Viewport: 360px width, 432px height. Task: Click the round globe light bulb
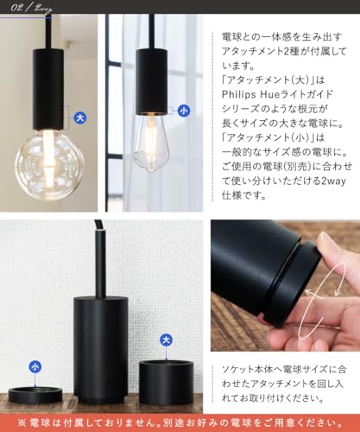(x=49, y=164)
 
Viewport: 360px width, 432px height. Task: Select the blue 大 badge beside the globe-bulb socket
(x=80, y=118)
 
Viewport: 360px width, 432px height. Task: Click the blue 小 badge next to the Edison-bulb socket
(x=184, y=111)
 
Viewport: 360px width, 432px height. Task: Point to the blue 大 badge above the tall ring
(x=166, y=340)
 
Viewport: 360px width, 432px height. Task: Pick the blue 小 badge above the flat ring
(x=35, y=367)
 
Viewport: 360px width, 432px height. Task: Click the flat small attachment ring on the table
(x=35, y=395)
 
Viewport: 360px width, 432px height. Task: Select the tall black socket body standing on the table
(x=100, y=350)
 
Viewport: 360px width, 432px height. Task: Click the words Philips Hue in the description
(x=254, y=94)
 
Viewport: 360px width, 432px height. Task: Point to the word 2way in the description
(x=333, y=181)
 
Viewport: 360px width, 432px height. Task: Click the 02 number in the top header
(x=17, y=8)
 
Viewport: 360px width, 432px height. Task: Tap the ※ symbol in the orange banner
(x=22, y=423)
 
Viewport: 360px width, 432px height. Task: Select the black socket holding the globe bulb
(x=48, y=90)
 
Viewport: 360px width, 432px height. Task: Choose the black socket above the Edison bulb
(x=151, y=82)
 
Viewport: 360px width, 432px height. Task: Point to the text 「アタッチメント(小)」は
(x=274, y=137)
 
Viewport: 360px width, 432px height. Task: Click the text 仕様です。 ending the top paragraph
(x=243, y=195)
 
